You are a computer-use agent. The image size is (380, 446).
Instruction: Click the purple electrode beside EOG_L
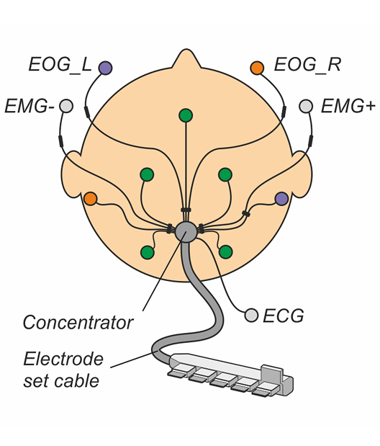tap(105, 68)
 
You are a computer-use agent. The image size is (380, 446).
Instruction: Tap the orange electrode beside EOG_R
tap(257, 68)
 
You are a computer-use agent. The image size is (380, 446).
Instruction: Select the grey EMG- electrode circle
tap(66, 106)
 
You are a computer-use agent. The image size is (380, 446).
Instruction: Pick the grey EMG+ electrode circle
tap(306, 106)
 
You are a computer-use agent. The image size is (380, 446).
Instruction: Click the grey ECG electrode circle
tap(251, 315)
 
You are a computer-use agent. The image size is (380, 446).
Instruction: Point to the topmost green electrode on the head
tap(186, 115)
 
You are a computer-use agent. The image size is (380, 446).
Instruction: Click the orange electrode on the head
tap(91, 199)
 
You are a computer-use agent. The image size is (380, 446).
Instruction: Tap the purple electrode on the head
tap(281, 199)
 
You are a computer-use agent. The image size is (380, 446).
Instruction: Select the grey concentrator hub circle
tap(186, 231)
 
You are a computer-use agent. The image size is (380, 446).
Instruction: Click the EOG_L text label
tap(60, 65)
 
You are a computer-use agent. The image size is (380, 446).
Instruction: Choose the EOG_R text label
tap(307, 65)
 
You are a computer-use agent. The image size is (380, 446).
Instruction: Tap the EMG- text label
tap(30, 107)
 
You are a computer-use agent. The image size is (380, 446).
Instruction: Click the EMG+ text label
tap(348, 107)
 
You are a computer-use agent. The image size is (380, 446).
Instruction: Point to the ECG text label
tap(284, 316)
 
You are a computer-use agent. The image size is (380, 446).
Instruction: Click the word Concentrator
tap(78, 323)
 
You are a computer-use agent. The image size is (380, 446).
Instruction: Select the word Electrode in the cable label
tap(63, 359)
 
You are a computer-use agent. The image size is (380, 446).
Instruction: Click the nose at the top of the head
tap(186, 60)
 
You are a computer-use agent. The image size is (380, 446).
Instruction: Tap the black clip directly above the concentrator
tap(186, 210)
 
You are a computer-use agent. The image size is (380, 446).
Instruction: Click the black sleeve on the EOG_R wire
tap(284, 112)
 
